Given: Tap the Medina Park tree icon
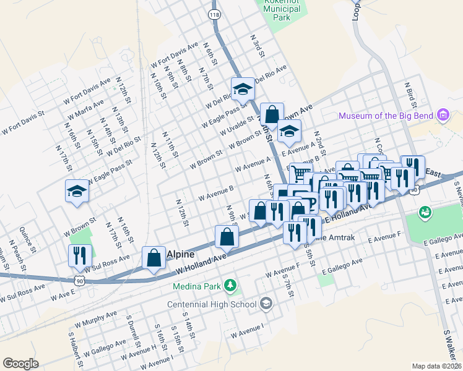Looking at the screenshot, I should click(x=230, y=285).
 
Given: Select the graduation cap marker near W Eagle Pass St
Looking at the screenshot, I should click(x=77, y=191).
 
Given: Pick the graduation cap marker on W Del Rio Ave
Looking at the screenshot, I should click(x=243, y=89).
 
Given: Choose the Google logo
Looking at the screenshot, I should click(x=20, y=364).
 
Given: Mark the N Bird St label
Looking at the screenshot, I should click(x=409, y=93).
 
